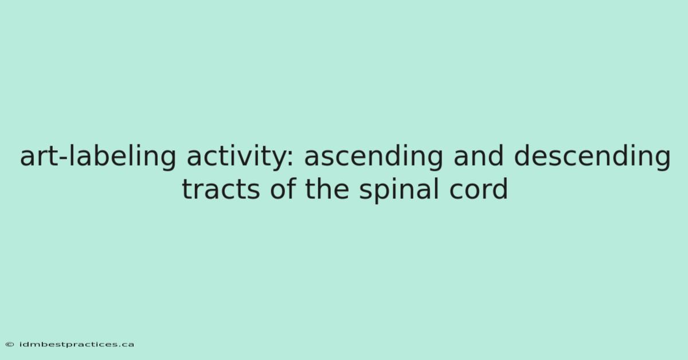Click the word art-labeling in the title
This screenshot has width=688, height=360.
(98, 156)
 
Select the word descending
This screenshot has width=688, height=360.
(592, 156)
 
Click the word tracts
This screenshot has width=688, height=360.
(221, 190)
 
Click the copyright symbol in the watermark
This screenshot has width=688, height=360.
(10, 345)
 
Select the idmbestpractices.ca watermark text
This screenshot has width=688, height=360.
(77, 345)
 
